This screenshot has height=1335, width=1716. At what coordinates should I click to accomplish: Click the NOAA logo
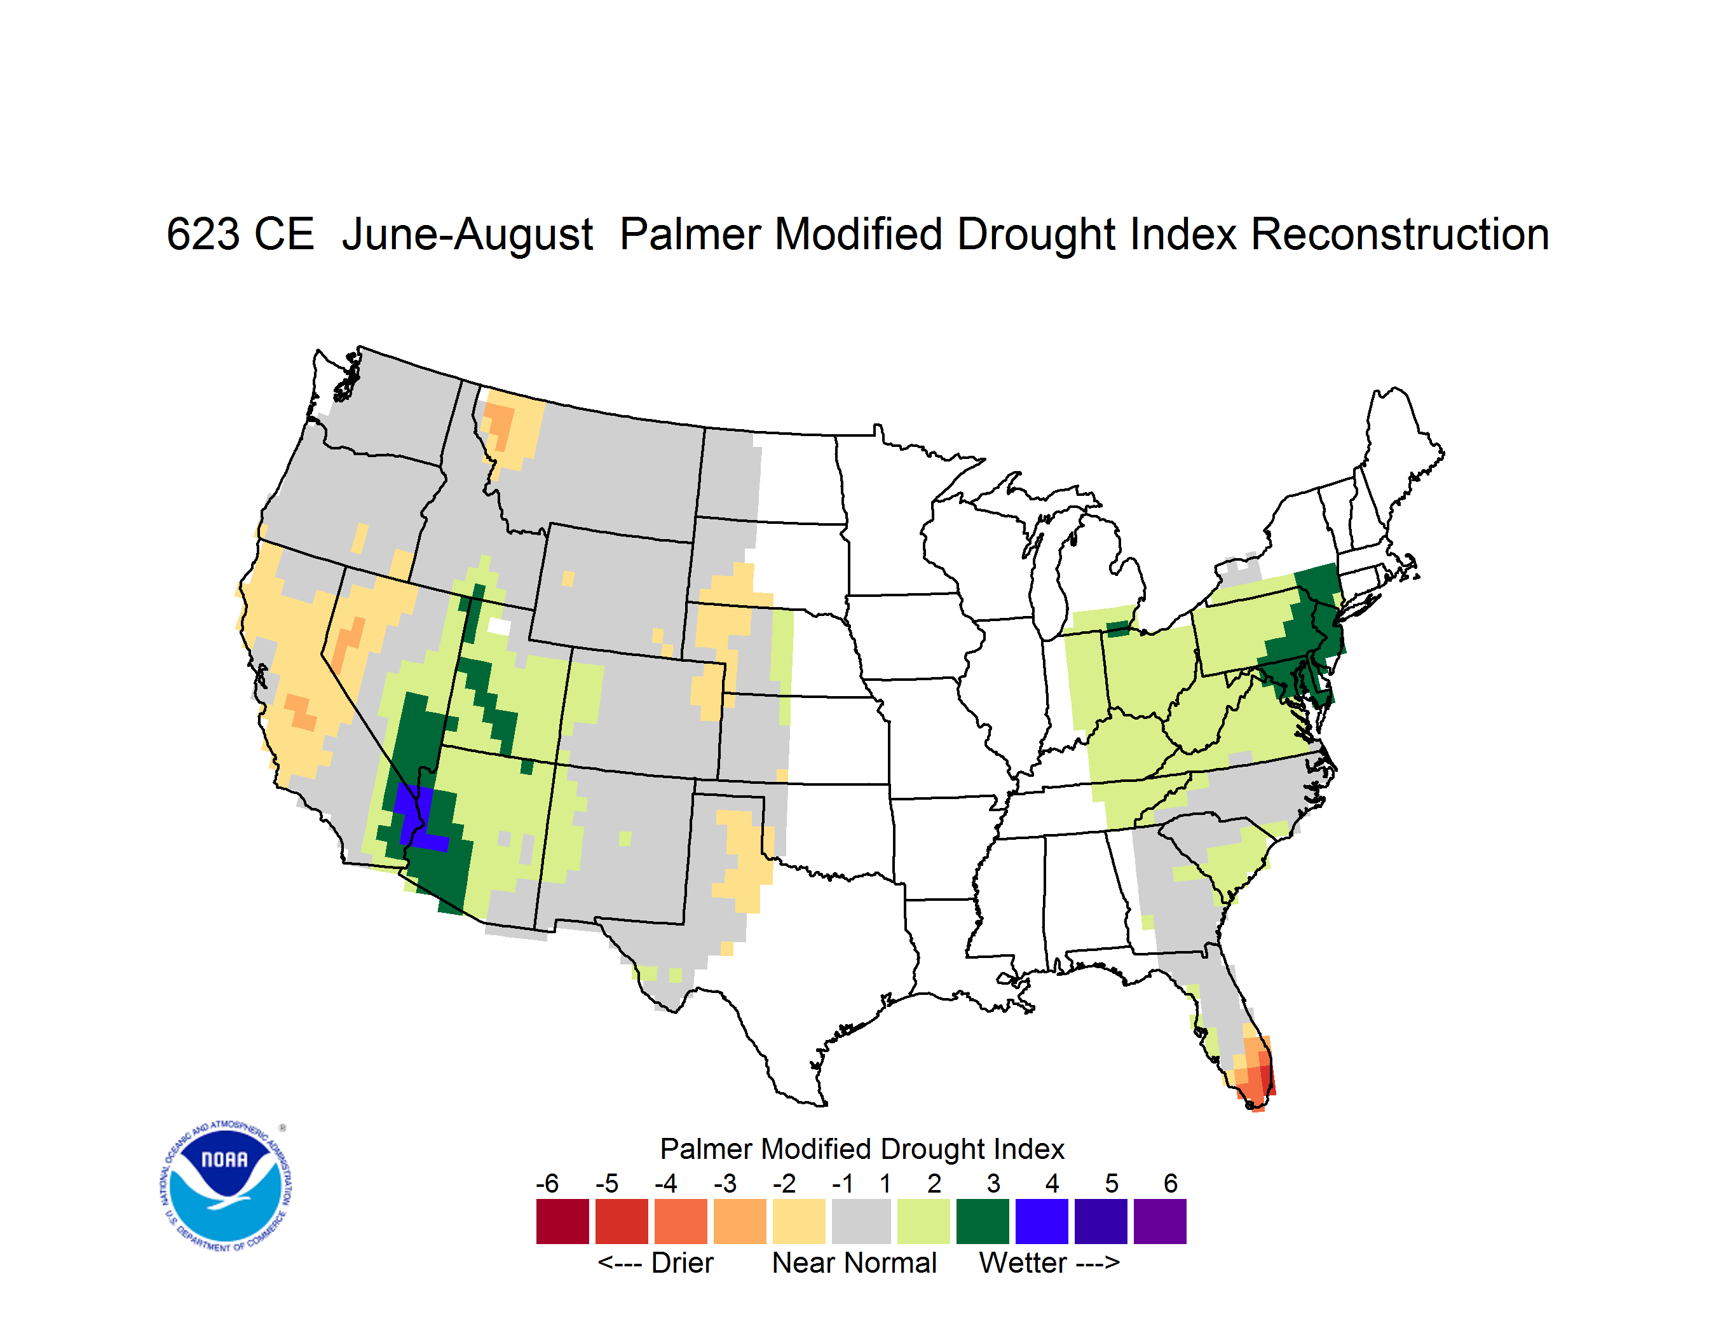coord(226,1186)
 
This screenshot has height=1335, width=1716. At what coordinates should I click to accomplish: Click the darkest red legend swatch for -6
coord(562,1221)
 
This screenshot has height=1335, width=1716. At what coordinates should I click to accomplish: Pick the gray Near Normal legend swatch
coord(861,1221)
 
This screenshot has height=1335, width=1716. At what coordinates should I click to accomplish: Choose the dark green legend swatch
coord(982,1221)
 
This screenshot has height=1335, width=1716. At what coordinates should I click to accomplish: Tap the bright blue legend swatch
coord(1042,1221)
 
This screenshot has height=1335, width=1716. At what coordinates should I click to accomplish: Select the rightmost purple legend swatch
coord(1160,1221)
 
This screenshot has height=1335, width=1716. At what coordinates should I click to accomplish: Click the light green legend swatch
coord(923,1221)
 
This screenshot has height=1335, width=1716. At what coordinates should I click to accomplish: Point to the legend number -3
coord(725,1183)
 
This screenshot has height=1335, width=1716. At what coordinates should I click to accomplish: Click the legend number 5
coord(1112,1183)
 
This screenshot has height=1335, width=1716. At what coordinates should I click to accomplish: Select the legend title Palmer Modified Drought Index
coord(862,1149)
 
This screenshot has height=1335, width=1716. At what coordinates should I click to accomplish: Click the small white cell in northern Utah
coord(499,626)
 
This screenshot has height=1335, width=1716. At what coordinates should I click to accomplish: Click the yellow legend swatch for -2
coord(799,1221)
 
